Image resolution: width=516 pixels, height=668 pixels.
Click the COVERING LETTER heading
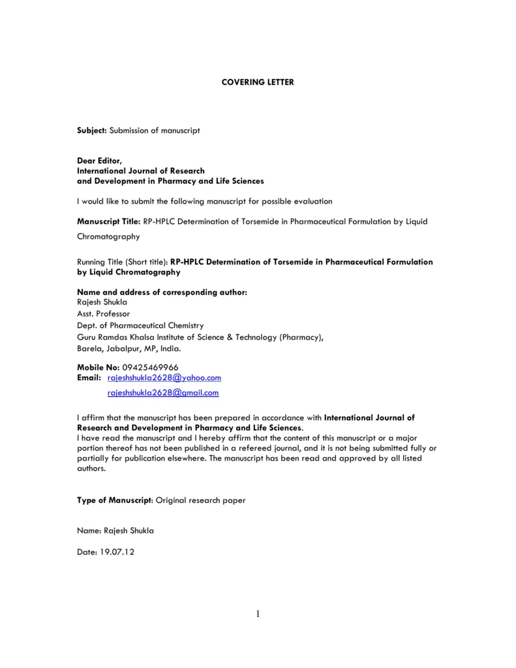click(258, 82)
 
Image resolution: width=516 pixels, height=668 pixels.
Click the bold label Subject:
click(92, 130)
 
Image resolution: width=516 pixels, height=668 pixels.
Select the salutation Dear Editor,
click(99, 160)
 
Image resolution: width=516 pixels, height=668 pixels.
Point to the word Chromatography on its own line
click(108, 237)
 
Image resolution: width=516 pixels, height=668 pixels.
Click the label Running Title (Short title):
click(123, 262)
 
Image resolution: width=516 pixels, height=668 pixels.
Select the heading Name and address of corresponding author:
click(162, 292)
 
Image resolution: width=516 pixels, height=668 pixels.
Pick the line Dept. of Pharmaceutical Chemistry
click(140, 325)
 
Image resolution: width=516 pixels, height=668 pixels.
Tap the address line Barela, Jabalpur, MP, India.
click(125, 348)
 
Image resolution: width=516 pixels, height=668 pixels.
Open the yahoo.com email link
click(164, 378)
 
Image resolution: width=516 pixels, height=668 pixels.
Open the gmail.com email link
click(163, 393)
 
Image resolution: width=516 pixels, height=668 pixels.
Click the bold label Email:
click(89, 378)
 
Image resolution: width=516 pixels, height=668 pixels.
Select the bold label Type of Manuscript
click(114, 500)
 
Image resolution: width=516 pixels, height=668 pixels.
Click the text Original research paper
click(201, 500)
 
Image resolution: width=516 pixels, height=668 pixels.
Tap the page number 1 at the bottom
click(258, 613)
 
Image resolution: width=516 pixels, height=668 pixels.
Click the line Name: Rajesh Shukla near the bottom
click(115, 531)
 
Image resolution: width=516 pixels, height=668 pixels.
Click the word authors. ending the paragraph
click(91, 468)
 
